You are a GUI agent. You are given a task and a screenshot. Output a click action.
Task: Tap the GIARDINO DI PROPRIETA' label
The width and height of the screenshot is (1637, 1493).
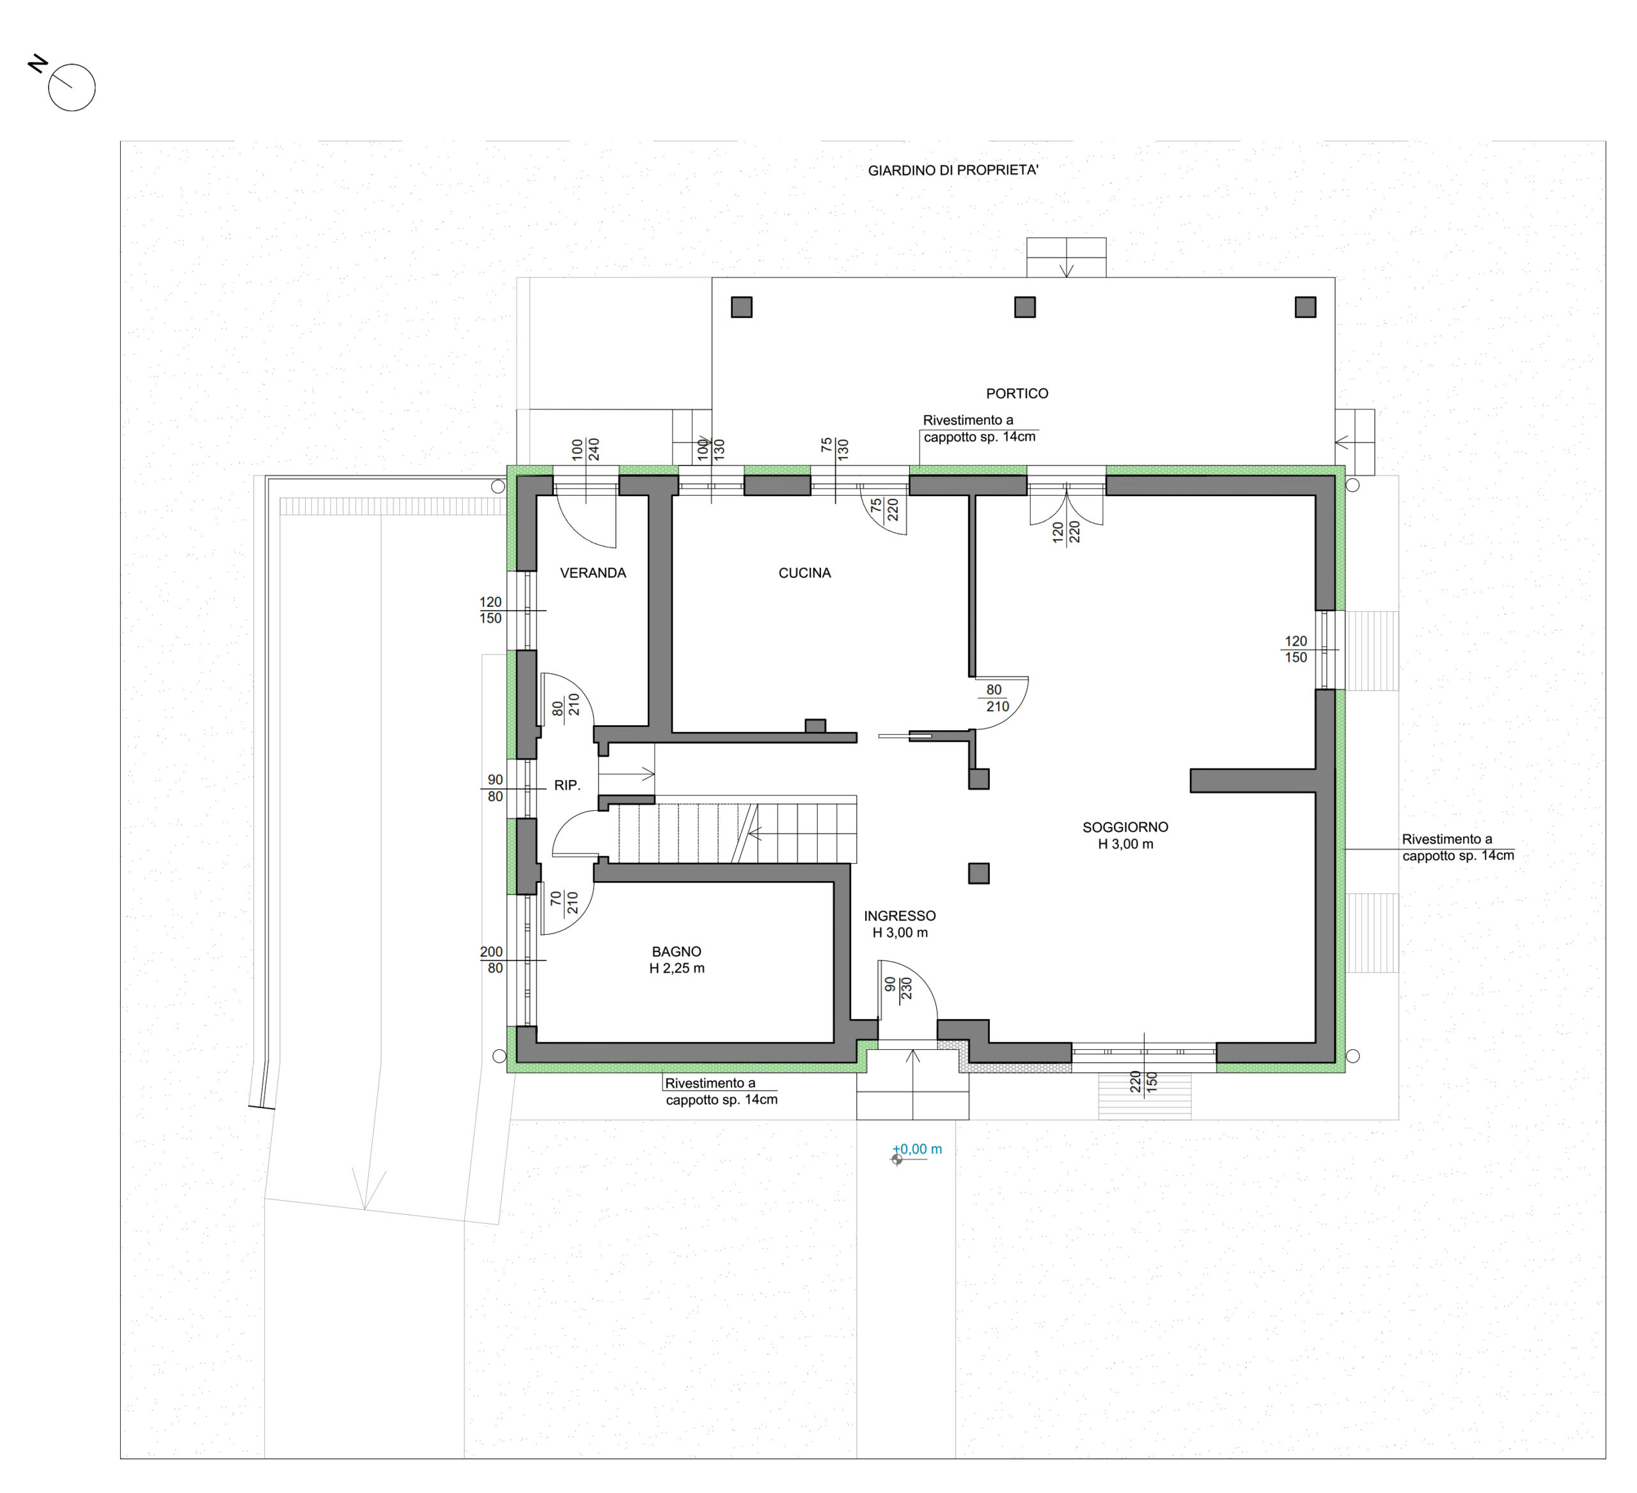point(953,171)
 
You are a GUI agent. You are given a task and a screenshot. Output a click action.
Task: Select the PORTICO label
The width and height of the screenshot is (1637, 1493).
point(1017,394)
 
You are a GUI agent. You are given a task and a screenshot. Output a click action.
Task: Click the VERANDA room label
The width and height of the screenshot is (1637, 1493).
point(593,573)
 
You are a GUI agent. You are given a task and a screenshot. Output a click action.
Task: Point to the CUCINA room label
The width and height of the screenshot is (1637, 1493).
point(804,573)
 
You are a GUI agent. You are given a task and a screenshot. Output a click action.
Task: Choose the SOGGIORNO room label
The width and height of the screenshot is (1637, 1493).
point(1125,827)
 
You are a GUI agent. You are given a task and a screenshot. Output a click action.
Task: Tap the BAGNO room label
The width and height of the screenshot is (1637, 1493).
point(677,951)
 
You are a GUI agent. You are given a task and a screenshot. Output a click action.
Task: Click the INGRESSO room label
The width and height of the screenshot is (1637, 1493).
point(900,916)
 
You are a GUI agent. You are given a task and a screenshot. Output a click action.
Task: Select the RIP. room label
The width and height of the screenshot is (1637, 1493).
point(567,785)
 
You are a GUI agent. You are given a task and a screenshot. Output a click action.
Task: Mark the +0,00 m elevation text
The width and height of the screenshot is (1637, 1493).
point(918,1149)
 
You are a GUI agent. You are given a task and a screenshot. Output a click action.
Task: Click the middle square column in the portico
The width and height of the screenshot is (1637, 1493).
point(1025,307)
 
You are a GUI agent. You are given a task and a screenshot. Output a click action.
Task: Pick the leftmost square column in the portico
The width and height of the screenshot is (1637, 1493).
point(741,307)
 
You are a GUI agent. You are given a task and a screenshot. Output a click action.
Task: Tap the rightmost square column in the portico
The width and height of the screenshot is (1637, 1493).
point(1305,307)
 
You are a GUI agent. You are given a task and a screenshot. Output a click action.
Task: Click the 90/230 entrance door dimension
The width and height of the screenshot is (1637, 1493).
point(898,987)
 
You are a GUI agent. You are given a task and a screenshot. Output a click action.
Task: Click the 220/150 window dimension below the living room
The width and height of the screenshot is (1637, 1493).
point(1143,1081)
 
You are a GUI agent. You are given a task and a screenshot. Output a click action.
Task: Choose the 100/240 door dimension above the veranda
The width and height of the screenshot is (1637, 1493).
point(586,449)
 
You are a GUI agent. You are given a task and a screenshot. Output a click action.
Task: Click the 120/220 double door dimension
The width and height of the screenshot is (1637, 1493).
point(1065,532)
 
